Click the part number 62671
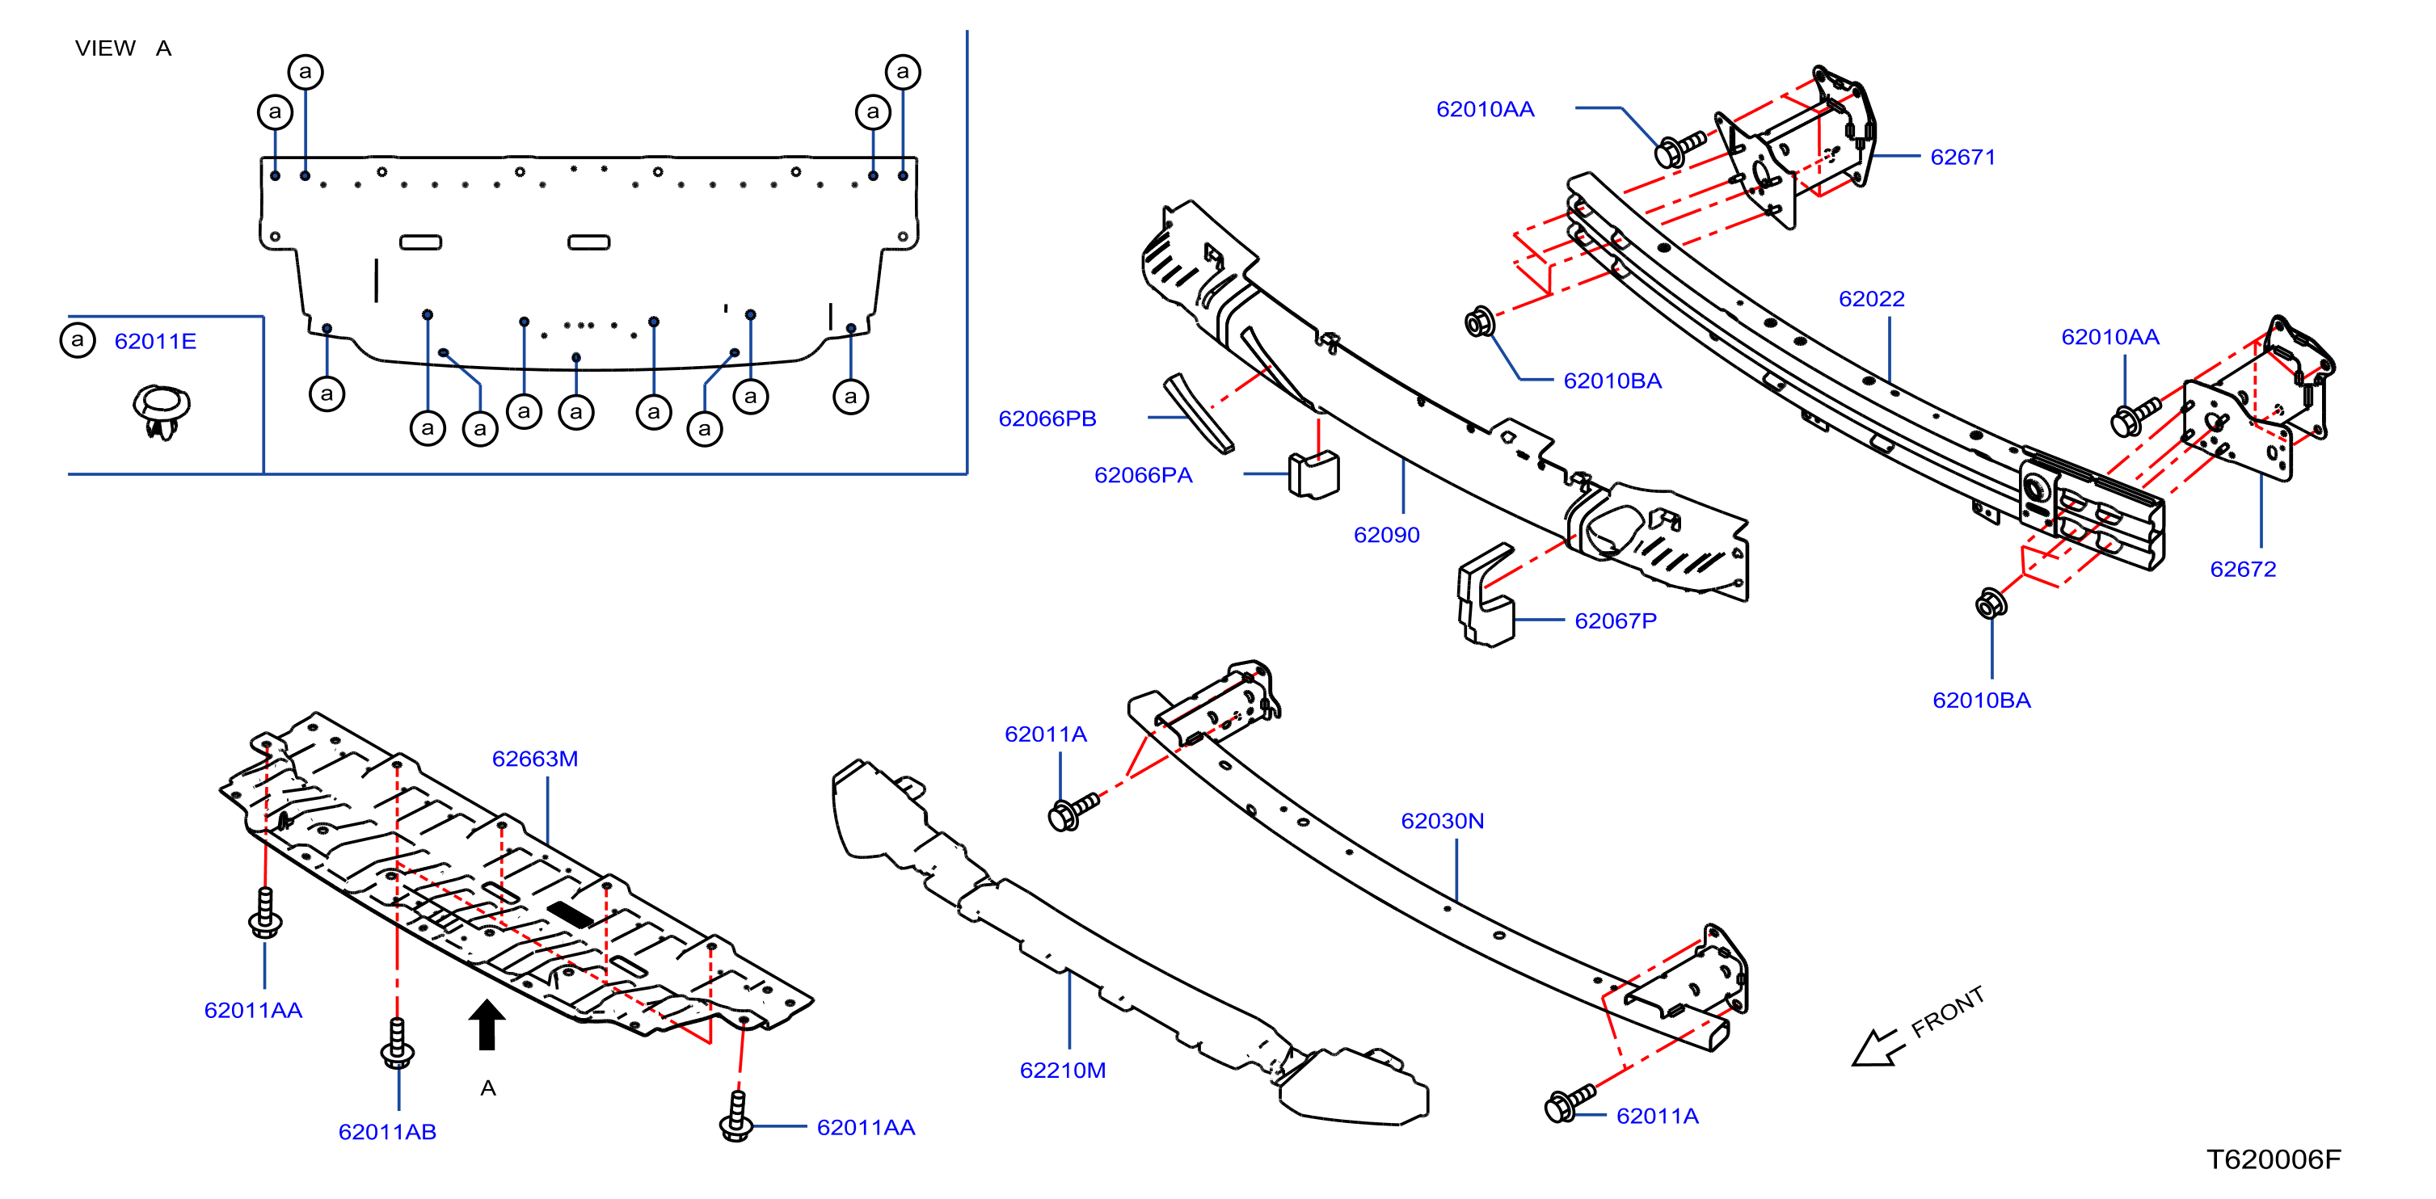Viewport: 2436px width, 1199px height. coord(1962,157)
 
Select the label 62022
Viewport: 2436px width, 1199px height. coord(1870,299)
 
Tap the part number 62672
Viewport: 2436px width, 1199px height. coord(2242,570)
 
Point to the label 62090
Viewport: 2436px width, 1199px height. coord(1386,535)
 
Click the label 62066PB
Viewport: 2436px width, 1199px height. coord(1047,419)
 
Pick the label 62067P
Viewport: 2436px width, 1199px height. coord(1615,621)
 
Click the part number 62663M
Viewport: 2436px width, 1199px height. coord(534,759)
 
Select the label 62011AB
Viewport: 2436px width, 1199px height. coord(387,1132)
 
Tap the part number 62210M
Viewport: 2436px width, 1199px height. coord(1062,1071)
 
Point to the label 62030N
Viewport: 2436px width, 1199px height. coord(1442,821)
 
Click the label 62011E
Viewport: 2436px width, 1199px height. coord(155,341)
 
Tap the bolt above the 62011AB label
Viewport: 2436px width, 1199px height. coord(397,1043)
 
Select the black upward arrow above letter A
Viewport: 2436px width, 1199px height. coord(487,1025)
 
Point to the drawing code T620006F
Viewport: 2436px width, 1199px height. coord(2274,1159)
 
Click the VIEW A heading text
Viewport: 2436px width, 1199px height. coord(123,48)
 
